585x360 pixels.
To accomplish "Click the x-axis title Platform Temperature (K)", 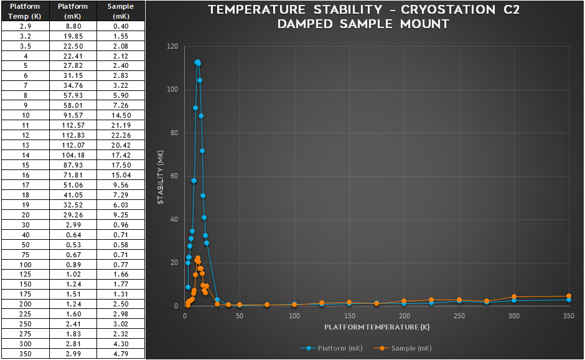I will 377,327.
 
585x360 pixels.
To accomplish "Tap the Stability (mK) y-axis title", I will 160,176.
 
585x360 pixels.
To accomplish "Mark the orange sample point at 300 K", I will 514,297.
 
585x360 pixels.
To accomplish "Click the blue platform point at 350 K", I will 569,300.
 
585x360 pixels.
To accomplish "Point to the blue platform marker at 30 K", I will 217,300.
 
